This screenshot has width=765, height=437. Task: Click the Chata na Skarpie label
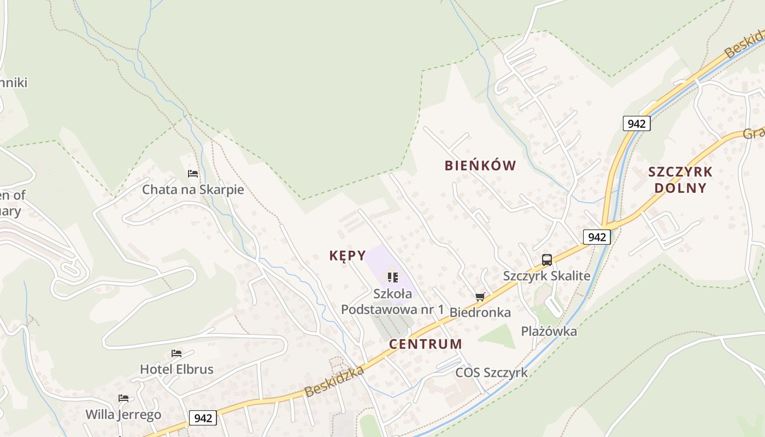coord(193,190)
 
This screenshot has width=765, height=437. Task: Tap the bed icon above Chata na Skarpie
coord(193,174)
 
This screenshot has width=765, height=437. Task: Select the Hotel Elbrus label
coord(176,369)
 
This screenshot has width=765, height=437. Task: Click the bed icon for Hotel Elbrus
coord(176,353)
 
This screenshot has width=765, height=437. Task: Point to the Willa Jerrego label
coord(123,415)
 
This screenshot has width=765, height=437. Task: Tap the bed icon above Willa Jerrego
coord(123,398)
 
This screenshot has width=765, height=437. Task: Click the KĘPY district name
coord(348,256)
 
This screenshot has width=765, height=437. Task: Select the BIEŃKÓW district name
coord(480,166)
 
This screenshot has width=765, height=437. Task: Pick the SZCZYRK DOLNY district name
coord(680,180)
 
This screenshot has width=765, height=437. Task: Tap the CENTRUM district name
coord(426,344)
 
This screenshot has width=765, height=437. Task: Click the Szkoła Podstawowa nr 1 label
coord(392,302)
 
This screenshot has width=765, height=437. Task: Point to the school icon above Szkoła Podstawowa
coord(392,277)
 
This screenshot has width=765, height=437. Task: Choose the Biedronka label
coord(480,312)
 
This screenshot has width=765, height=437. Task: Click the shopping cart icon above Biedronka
coord(480,297)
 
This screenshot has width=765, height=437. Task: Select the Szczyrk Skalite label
coord(546,276)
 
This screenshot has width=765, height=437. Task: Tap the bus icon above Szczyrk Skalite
coord(546,260)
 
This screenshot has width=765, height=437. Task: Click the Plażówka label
coord(549,331)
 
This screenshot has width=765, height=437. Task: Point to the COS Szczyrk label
coord(492,373)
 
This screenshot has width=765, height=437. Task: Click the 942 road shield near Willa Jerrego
coord(203,418)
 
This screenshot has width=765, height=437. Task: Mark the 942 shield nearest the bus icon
coord(597,237)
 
